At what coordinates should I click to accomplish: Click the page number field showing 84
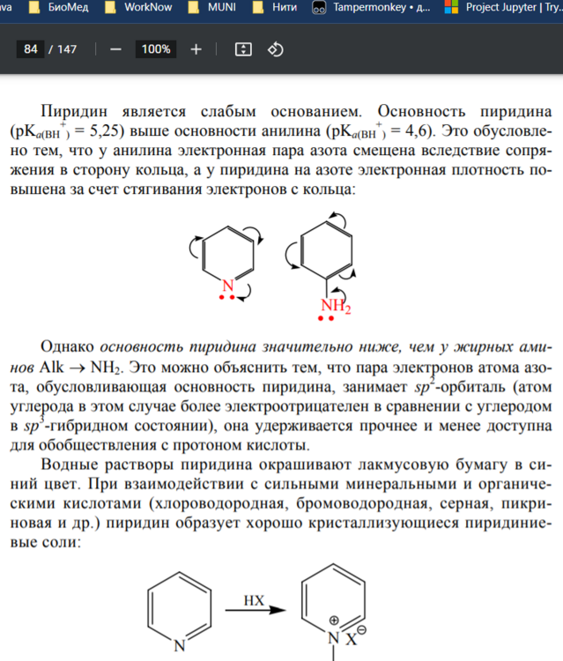pos(31,49)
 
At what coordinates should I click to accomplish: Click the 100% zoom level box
pos(156,49)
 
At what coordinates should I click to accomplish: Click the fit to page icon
pos(243,49)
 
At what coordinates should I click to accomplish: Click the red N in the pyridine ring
pos(227,285)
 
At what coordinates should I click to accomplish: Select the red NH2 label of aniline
pos(334,308)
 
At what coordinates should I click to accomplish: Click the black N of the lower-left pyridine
pos(179,644)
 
